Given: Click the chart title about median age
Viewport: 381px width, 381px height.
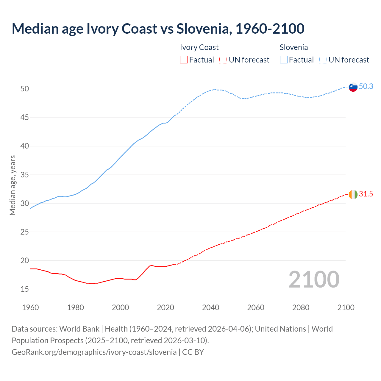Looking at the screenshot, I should click(158, 29).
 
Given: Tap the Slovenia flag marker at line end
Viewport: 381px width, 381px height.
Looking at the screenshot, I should click(353, 87).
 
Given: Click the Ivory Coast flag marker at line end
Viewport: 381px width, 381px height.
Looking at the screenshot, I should click(353, 194).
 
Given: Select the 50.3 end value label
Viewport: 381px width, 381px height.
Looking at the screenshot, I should click(366, 86).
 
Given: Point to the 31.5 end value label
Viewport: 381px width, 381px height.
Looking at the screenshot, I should click(366, 194).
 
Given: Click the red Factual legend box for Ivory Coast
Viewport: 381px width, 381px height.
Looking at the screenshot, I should click(184, 60).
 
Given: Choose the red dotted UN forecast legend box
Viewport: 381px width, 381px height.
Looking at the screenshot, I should click(223, 60).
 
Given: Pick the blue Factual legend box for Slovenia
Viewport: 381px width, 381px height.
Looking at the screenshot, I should click(284, 60).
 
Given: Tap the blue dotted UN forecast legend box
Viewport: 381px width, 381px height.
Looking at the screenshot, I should click(323, 60).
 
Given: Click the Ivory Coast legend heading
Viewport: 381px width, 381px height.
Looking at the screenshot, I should click(199, 47).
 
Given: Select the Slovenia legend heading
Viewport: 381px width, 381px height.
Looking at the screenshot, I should click(293, 47).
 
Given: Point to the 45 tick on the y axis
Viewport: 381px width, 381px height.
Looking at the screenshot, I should click(25, 118).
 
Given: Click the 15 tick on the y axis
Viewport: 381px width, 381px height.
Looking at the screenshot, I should click(25, 289).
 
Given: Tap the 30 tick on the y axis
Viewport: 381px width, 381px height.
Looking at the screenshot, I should click(25, 203).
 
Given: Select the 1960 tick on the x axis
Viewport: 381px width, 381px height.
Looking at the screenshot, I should click(30, 307).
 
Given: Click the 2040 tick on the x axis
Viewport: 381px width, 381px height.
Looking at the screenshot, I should click(210, 307).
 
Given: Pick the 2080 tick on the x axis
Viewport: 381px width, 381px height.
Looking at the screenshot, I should click(301, 307).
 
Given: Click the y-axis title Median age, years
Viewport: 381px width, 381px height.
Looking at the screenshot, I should click(13, 185).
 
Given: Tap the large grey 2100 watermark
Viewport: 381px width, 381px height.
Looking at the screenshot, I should click(314, 279).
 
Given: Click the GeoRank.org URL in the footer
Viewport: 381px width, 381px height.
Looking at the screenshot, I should click(94, 352).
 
